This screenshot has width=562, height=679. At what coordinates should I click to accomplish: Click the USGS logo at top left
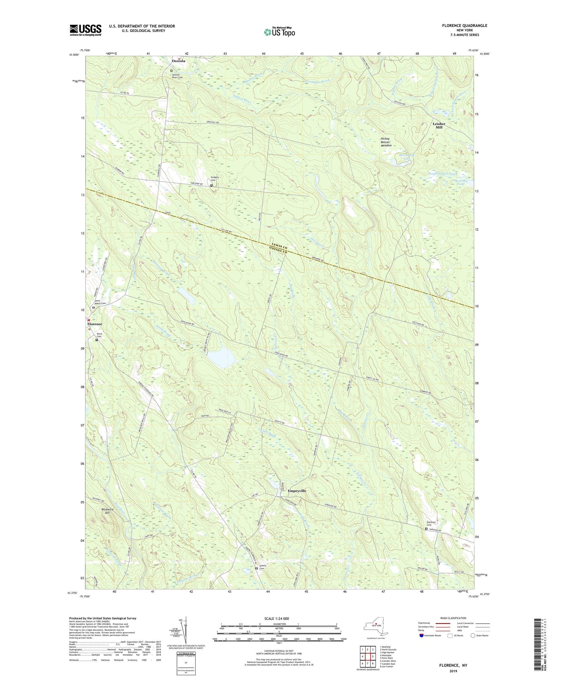pos(85,30)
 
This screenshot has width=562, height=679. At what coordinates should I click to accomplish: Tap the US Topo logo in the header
pos(279,32)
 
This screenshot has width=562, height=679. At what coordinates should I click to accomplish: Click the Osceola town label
pos(178,61)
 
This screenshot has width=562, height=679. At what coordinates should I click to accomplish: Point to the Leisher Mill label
pos(439,125)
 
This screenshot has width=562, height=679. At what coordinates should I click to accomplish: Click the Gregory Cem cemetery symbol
pos(211,185)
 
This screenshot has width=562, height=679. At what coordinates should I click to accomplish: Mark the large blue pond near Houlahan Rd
pos(221,357)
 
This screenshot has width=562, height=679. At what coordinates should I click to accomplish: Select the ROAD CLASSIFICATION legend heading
pos(453,618)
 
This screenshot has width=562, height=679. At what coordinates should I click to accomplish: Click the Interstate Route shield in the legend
pos(422,635)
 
